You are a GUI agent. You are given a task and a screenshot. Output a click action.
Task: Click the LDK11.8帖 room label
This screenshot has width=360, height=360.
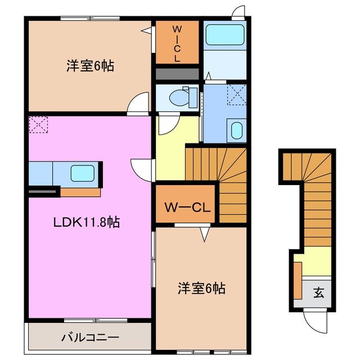tap(86, 222)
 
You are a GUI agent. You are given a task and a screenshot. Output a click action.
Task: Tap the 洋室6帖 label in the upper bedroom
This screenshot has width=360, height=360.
tap(91, 66)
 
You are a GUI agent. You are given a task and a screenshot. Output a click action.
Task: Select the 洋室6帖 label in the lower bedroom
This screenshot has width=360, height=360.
tap(202, 289)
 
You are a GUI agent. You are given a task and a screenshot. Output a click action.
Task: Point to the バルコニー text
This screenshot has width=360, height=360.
tap(90, 337)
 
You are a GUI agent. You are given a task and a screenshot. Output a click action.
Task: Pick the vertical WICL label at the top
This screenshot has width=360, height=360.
tap(177, 43)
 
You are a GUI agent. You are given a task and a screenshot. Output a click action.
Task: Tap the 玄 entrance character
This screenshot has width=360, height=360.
tap(318, 292)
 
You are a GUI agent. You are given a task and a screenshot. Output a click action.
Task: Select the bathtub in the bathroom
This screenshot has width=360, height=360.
tap(224, 35)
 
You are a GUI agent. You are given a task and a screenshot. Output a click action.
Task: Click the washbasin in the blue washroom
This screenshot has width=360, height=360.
tap(236, 130)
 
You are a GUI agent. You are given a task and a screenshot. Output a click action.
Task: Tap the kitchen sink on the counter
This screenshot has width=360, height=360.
tap(82, 173)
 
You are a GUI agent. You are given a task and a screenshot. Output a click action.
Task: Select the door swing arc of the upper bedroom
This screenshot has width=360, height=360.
tap(137, 105)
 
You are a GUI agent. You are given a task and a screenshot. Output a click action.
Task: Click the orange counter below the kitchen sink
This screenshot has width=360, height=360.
tap(80, 192)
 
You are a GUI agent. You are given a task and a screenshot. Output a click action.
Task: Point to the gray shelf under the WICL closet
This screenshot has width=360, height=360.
tap(177, 74)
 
